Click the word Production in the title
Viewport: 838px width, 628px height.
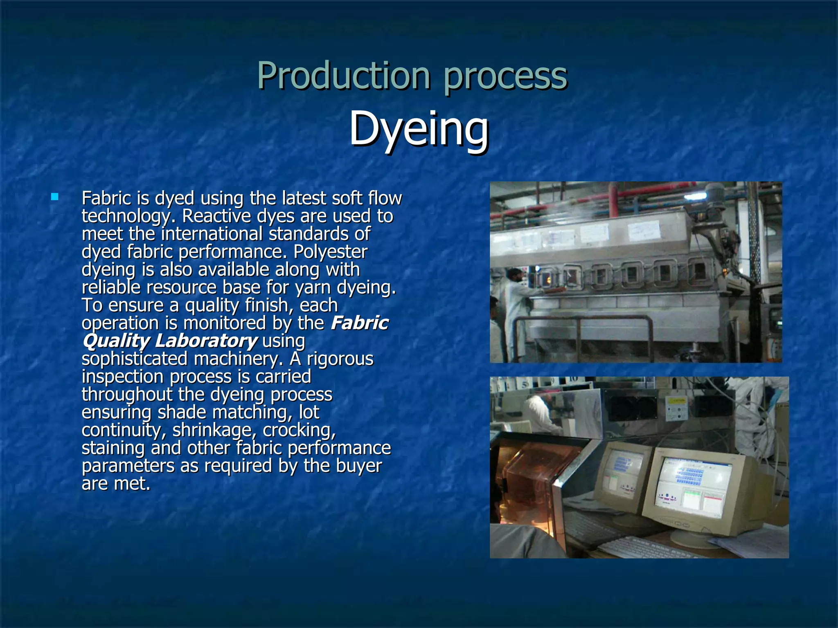coord(343,76)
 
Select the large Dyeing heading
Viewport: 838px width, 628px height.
coord(419,129)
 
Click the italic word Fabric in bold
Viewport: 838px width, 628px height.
coord(359,323)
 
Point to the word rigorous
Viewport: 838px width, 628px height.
coord(340,359)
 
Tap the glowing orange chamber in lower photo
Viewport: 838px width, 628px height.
coord(524,478)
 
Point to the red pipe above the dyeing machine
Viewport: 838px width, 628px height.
coord(614,200)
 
